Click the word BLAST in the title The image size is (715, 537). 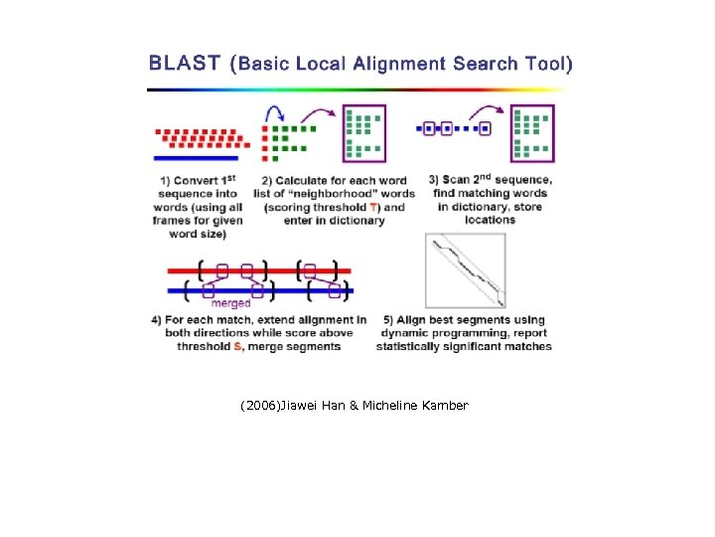click(x=185, y=65)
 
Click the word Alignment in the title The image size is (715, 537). click(x=394, y=65)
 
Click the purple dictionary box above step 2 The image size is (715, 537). click(x=363, y=133)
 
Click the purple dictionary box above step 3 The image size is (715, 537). click(x=532, y=133)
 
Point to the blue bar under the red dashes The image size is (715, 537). click(x=196, y=157)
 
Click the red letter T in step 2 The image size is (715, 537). click(x=372, y=207)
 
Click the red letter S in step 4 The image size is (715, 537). click(x=238, y=346)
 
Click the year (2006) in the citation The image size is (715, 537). click(x=260, y=406)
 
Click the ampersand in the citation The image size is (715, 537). click(x=355, y=406)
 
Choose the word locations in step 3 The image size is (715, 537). click(x=491, y=220)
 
